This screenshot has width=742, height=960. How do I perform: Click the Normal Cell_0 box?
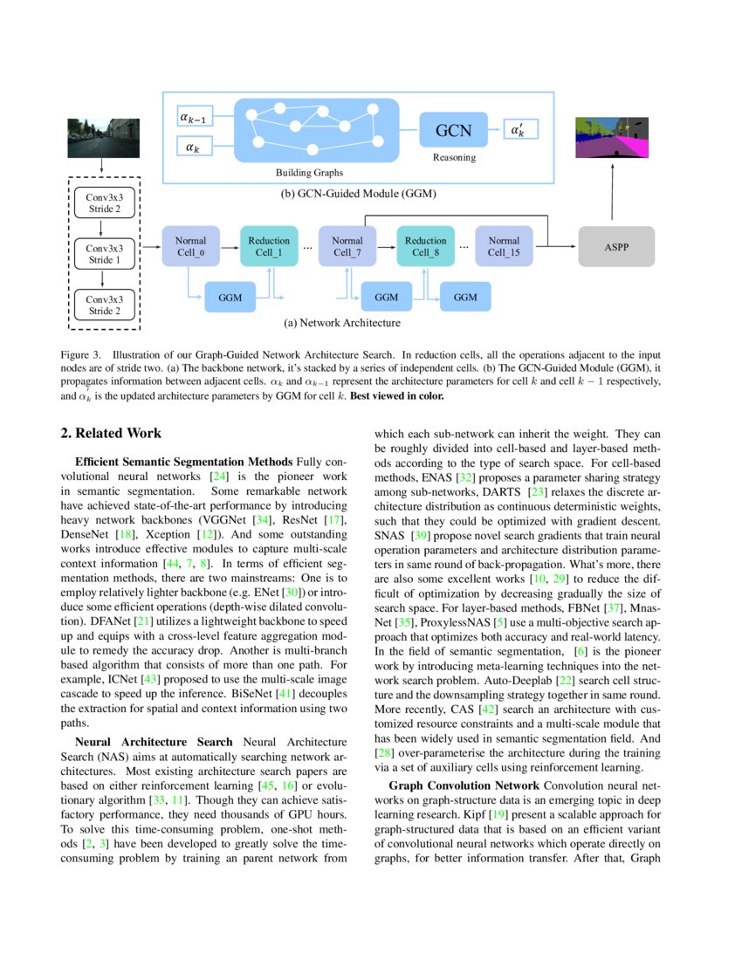[x=190, y=246]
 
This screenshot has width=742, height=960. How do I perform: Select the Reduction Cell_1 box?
[x=269, y=246]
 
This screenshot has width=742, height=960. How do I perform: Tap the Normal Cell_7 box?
[x=347, y=246]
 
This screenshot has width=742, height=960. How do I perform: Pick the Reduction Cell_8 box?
[x=426, y=246]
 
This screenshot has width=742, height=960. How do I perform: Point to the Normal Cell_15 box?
[x=504, y=246]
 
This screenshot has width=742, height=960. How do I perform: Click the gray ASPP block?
[x=616, y=247]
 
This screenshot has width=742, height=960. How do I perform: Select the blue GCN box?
[x=453, y=131]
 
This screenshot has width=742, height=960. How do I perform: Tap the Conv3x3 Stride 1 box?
[x=103, y=254]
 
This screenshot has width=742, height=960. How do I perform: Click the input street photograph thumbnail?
[x=103, y=138]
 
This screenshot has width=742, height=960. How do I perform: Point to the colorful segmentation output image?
[x=612, y=138]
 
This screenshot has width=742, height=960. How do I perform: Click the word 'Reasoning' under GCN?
[x=454, y=158]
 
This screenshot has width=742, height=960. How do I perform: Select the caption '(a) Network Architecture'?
[x=342, y=323]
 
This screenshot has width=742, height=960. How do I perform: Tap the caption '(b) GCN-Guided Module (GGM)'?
[x=359, y=194]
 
